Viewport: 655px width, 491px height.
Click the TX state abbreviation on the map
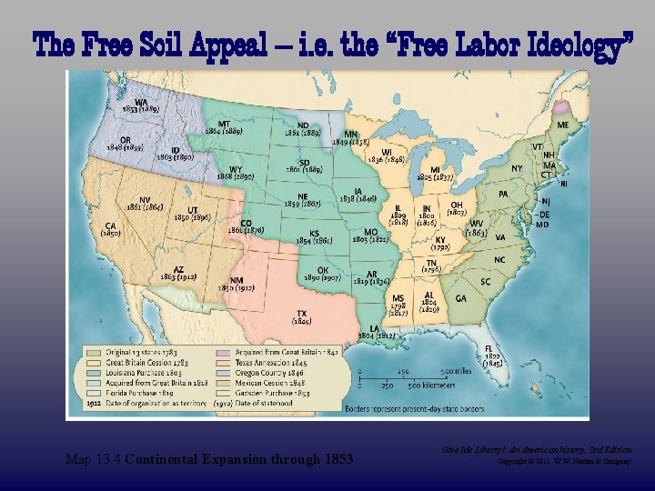click(301, 314)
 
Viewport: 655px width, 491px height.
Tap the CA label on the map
click(110, 225)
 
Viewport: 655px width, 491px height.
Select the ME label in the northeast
click(564, 125)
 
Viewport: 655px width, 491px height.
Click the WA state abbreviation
click(142, 102)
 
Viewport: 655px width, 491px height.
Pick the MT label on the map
click(224, 124)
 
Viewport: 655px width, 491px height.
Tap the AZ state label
click(179, 269)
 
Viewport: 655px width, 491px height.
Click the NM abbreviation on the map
click(237, 279)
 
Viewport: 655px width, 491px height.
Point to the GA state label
click(461, 298)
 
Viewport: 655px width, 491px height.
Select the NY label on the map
click(517, 169)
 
